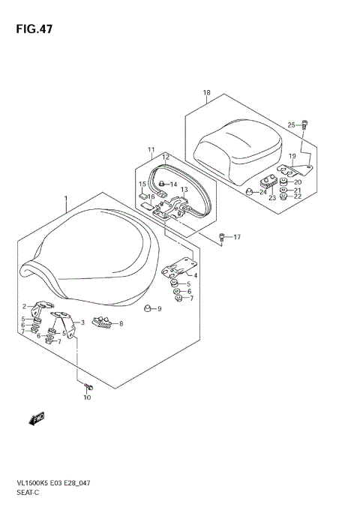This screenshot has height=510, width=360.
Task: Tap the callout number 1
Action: pos(65,201)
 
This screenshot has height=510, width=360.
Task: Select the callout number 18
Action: pos(206,93)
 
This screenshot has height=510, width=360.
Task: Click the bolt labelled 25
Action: pos(304,124)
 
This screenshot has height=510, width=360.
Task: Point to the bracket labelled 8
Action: pos(103,323)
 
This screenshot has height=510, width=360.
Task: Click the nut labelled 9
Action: pos(148,308)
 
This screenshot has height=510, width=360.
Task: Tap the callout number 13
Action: pos(184,190)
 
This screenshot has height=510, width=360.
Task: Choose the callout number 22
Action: pos(298,197)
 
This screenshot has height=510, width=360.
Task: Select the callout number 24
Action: pos(262,192)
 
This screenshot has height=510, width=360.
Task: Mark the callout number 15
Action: pos(142,184)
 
